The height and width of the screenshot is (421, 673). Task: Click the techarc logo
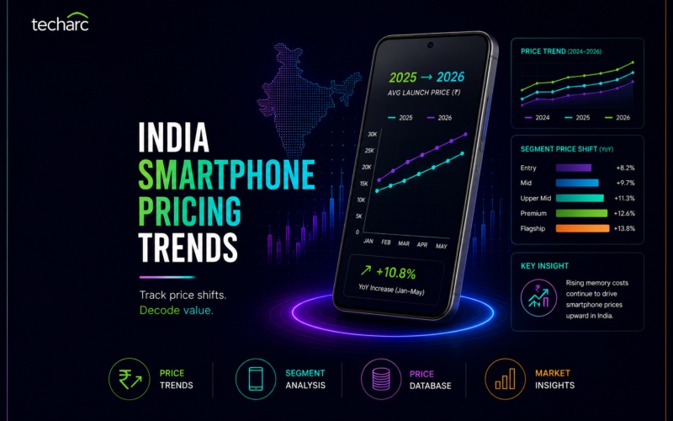60,22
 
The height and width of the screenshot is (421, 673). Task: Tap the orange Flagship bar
582,228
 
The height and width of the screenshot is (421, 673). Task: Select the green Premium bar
581,213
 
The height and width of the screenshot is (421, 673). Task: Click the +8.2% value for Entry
625,168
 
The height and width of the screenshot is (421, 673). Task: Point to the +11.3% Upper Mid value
624,198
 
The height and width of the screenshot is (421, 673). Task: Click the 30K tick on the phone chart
372,134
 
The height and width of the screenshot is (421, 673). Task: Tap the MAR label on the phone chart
404,243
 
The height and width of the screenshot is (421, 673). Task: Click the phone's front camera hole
430,45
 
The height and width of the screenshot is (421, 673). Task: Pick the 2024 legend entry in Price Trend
537,118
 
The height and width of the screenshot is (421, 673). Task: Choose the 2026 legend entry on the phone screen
439,118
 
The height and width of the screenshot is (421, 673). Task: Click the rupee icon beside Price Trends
130,379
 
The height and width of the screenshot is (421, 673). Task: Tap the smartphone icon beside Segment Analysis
256,379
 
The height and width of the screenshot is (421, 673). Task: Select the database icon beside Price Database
381,380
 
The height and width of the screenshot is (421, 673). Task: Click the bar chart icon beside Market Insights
506,379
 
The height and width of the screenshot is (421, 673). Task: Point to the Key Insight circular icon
538,298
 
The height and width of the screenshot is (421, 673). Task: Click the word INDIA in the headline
173,137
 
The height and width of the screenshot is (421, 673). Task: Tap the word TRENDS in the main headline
188,248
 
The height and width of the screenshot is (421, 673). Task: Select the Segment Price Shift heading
566,149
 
